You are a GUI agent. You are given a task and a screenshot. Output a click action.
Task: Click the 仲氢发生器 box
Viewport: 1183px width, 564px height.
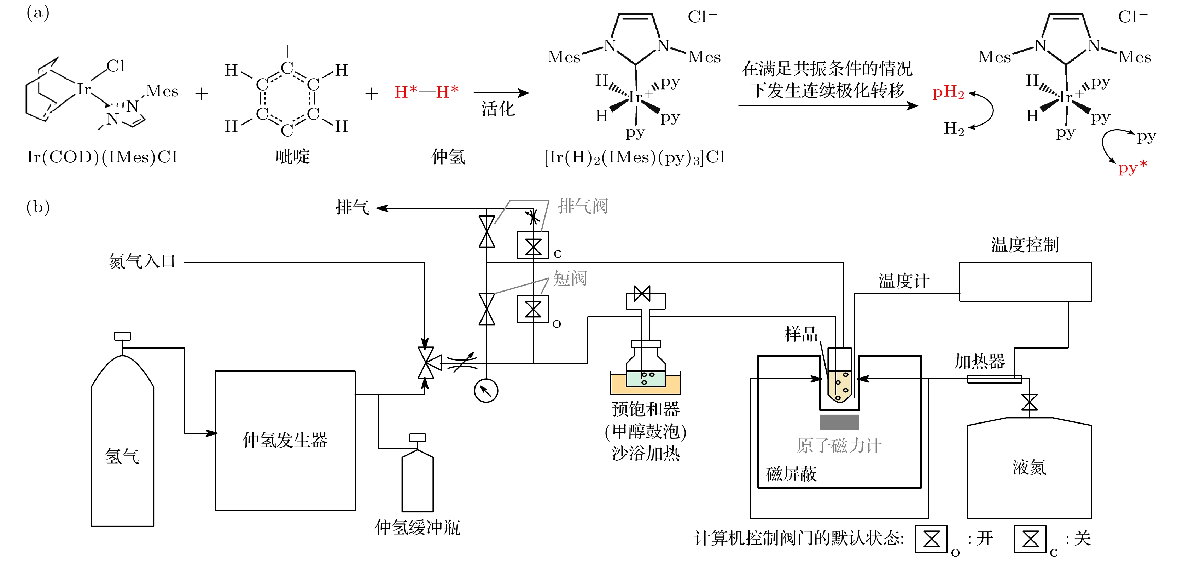(285, 441)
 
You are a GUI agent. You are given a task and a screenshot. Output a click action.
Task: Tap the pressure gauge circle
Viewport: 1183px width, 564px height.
(485, 390)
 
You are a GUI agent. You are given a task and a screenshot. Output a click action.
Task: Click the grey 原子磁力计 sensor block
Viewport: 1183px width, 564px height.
(839, 422)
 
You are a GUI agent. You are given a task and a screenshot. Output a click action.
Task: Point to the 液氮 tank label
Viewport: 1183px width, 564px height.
(1029, 467)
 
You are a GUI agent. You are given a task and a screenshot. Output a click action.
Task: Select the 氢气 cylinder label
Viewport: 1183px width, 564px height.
(122, 456)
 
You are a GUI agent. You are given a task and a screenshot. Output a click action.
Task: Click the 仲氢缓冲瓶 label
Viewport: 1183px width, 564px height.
(417, 527)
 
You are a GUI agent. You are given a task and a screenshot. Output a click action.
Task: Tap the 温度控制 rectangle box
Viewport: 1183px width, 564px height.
(1025, 282)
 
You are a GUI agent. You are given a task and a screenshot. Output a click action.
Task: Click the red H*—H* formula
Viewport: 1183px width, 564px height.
(426, 92)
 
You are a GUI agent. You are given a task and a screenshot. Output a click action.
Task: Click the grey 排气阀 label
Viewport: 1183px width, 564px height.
(582, 206)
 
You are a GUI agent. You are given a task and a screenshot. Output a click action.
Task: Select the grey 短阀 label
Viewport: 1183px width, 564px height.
(570, 278)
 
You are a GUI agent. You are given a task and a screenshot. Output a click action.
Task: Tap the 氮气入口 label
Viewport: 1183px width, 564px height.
(141, 261)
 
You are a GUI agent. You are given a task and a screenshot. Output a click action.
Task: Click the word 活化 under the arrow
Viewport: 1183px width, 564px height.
(498, 109)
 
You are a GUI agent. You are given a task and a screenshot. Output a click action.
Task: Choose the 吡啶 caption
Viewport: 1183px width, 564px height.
(292, 157)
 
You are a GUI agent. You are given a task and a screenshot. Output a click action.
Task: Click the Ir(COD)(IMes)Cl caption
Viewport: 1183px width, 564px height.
(102, 157)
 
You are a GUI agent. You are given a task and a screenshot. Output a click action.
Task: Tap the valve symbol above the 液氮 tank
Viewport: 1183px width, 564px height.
(1029, 402)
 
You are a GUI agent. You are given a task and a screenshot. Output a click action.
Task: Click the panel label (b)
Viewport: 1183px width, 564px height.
(38, 207)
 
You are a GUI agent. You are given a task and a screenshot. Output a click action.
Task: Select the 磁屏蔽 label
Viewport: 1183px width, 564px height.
(791, 474)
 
